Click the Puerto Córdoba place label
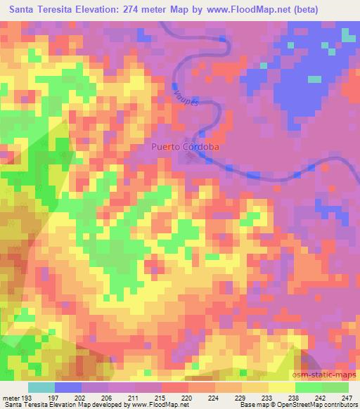186,148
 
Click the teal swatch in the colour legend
41,387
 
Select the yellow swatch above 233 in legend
257,387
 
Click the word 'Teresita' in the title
55,10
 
